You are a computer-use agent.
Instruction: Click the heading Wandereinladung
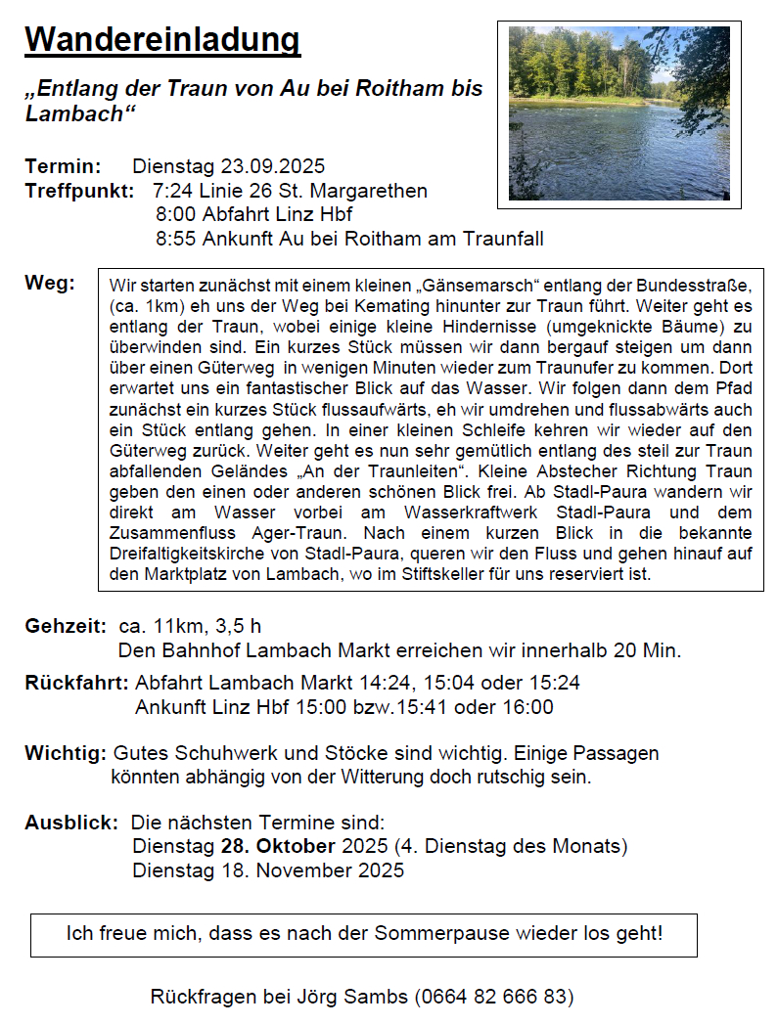pos(162,41)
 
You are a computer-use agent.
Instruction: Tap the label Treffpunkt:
pos(79,191)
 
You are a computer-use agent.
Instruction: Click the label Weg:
pos(50,284)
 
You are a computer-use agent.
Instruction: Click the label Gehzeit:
pos(66,626)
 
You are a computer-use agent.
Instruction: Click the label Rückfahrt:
pos(75,683)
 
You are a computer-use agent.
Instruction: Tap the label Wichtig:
pos(66,754)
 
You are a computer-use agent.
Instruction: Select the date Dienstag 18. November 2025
pos(267,870)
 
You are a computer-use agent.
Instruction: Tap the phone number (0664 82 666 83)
pos(493,997)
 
